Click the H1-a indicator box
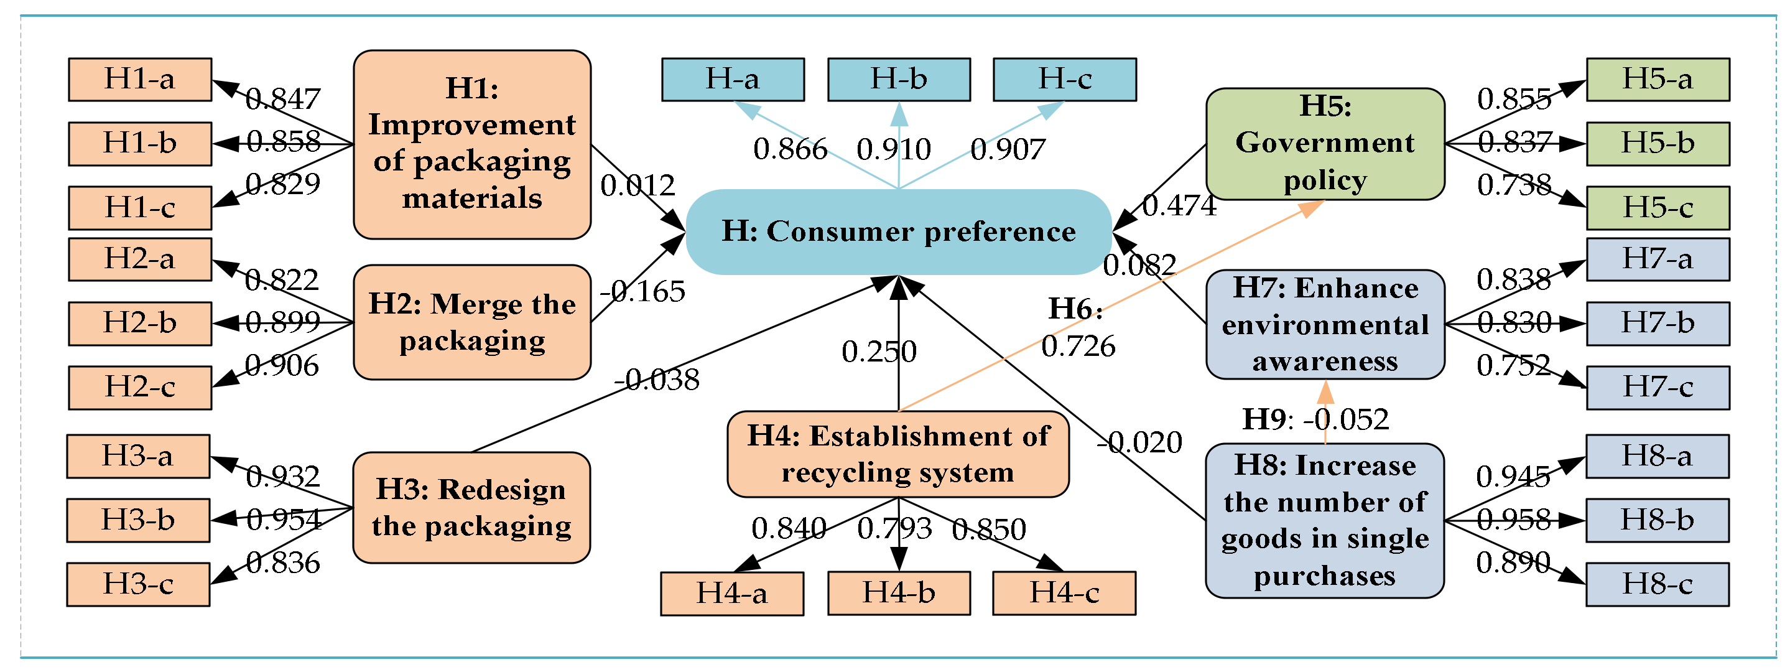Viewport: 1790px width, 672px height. pos(140,79)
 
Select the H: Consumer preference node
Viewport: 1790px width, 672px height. pos(899,231)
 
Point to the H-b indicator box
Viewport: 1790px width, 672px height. pos(899,79)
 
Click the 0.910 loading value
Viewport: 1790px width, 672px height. pos(894,149)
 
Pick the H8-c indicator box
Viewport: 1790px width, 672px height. pos(1658,584)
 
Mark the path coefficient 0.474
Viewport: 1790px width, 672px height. pos(1179,206)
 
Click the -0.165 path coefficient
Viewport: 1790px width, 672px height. pos(642,292)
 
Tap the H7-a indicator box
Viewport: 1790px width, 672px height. pos(1658,259)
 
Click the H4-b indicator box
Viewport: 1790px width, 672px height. pos(899,593)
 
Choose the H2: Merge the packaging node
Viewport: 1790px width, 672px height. pos(472,322)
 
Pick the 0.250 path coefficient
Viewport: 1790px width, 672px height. pos(879,352)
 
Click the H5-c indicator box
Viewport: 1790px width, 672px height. pos(1658,207)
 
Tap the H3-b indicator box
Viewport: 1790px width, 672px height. pos(138,520)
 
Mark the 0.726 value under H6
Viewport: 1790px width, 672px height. pos(1078,346)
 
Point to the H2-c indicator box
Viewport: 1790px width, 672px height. pos(140,387)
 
